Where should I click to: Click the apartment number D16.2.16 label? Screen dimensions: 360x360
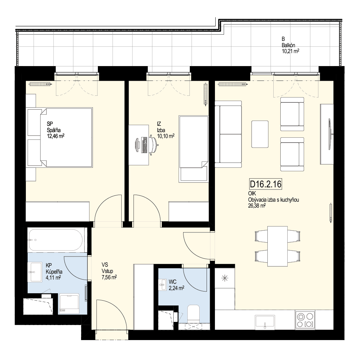[266, 184]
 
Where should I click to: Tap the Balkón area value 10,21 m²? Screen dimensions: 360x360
[290, 51]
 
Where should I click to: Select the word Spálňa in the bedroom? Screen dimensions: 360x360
[54, 130]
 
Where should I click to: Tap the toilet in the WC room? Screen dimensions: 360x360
[193, 314]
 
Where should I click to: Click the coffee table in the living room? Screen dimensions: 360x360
[260, 134]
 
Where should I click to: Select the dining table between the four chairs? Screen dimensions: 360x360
[278, 246]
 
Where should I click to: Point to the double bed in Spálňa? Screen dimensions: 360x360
[60, 137]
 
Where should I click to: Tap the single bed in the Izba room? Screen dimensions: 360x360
[194, 149]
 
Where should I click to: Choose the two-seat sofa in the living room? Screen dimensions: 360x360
[228, 134]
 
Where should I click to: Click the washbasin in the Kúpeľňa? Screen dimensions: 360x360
[35, 272]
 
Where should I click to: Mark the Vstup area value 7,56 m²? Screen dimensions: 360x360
[109, 278]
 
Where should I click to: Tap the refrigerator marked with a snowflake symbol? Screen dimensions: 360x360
[225, 279]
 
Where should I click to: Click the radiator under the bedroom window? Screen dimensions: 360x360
[40, 84]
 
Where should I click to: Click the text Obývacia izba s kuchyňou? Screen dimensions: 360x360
[273, 200]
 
